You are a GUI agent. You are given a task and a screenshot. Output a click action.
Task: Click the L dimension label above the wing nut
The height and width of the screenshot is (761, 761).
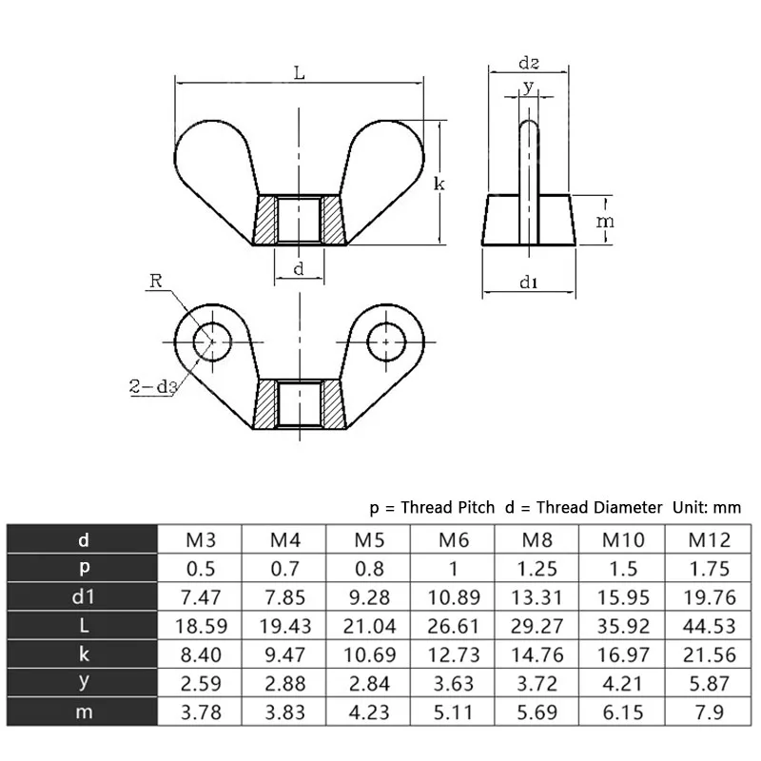300,73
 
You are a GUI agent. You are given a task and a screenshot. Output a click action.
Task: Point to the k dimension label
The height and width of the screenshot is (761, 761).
439,184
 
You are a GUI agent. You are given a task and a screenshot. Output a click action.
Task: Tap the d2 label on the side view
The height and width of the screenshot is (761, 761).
529,63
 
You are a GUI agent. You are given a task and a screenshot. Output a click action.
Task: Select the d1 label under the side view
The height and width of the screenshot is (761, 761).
529,282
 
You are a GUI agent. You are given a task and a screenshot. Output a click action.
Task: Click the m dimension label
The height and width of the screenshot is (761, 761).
605,222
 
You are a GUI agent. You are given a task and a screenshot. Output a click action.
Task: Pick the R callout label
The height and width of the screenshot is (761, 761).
156,281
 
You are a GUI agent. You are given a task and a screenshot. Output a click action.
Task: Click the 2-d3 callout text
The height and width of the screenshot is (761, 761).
153,386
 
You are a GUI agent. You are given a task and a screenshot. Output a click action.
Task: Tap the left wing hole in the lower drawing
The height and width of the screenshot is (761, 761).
212,341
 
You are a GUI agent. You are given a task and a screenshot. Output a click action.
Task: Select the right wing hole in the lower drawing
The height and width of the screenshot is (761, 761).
386,341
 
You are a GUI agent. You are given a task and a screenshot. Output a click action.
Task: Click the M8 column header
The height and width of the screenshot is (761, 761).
537,539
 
